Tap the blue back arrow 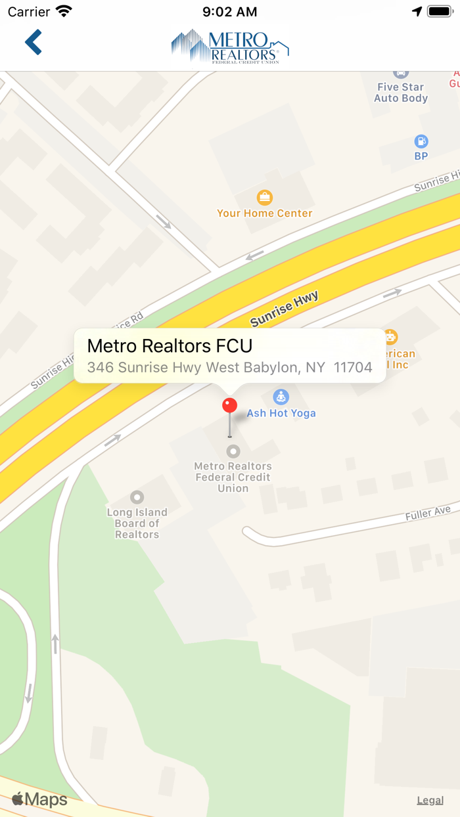34,42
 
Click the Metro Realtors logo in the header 230,46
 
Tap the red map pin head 229,405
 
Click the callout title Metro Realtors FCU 170,346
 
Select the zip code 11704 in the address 353,367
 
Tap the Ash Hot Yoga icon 281,397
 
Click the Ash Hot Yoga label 281,413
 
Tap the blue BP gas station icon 421,141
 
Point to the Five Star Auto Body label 401,93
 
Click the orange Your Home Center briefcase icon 264,197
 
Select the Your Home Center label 265,213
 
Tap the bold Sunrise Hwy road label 284,309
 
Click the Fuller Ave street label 428,513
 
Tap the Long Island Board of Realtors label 137,523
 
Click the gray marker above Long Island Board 137,497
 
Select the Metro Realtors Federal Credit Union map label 233,477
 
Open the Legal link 430,800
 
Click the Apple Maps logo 40,799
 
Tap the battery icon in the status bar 440,12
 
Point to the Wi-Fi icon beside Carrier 64,11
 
